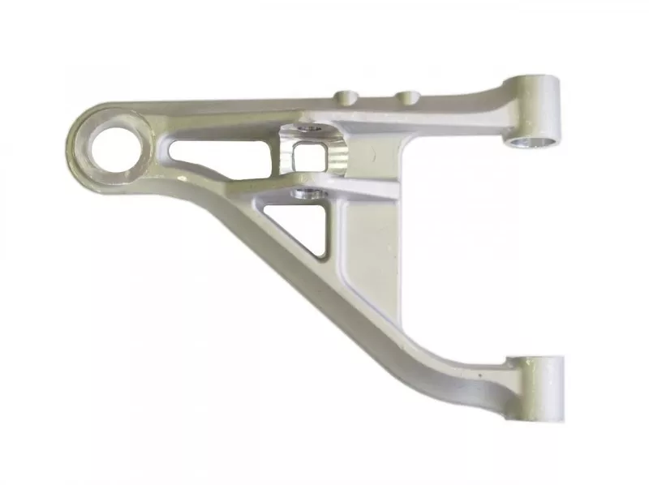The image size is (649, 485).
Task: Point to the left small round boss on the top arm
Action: point(346,97)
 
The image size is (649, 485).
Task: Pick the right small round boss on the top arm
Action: point(407,97)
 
